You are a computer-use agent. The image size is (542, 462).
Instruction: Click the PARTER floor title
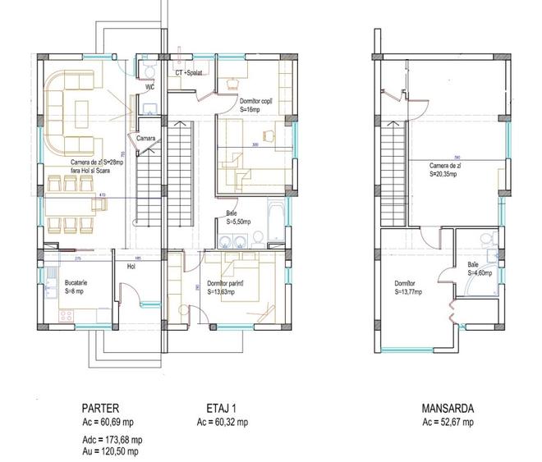click(101, 408)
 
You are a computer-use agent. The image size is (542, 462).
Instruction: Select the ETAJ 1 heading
click(222, 408)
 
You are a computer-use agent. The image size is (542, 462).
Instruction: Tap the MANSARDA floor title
click(448, 408)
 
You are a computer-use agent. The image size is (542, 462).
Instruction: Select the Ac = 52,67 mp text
click(448, 422)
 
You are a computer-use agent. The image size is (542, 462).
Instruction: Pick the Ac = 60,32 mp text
click(222, 422)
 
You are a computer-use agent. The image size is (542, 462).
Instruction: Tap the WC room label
click(149, 85)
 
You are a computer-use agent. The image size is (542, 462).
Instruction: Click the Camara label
click(146, 138)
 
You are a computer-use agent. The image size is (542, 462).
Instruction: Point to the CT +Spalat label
click(189, 73)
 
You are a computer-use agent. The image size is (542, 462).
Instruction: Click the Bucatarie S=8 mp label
click(77, 286)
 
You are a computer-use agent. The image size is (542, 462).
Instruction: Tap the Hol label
click(130, 266)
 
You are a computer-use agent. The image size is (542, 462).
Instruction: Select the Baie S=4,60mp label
click(480, 268)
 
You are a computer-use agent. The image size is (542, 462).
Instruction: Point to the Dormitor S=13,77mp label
click(408, 287)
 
